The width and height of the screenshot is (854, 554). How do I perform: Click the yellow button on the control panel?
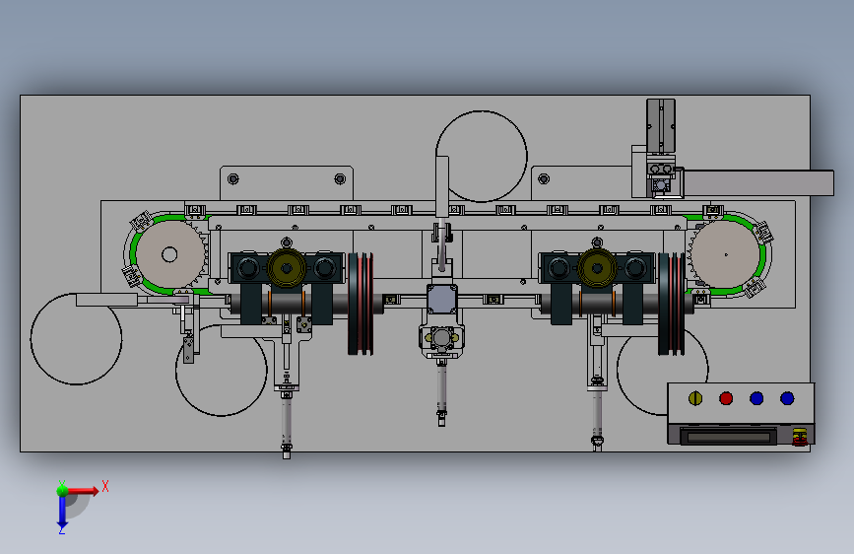point(695,398)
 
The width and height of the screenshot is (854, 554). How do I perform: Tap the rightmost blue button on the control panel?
point(787,398)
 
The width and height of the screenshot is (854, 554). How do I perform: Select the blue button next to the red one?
point(756,398)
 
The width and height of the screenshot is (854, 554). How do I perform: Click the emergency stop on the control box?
point(800,437)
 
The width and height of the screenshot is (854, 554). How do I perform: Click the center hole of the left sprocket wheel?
point(169,254)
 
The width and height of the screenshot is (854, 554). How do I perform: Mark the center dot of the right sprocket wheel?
point(726,254)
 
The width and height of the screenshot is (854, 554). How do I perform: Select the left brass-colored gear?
point(287,268)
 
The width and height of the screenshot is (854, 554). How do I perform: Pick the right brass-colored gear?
point(597,268)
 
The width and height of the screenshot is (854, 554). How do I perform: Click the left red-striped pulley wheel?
point(361,304)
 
